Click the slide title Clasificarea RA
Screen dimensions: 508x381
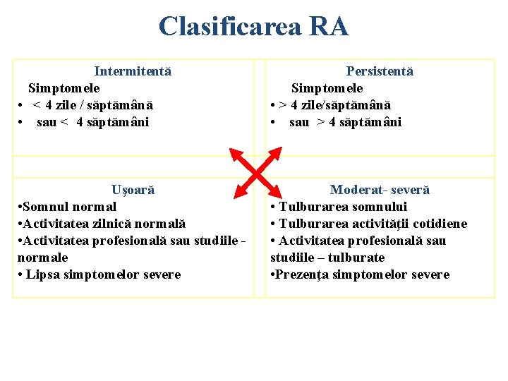(253, 27)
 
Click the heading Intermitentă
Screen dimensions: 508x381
(133, 71)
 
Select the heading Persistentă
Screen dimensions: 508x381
(380, 71)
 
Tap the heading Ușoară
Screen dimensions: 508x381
(133, 190)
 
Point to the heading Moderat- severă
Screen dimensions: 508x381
(380, 190)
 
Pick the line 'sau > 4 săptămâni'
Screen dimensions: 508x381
(345, 122)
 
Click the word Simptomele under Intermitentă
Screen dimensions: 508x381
(64, 88)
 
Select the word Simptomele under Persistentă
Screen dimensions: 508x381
(327, 88)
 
